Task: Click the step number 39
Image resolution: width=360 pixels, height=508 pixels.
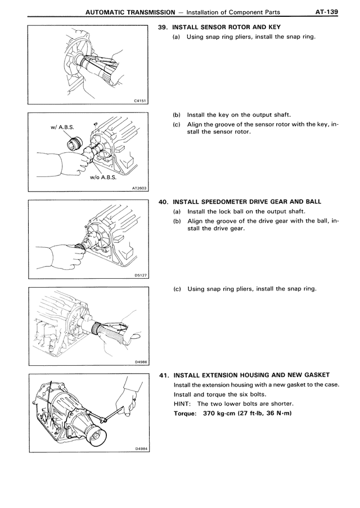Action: (x=164, y=28)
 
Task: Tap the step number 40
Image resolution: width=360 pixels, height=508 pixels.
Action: (x=164, y=202)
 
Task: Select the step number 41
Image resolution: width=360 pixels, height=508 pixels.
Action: (x=164, y=375)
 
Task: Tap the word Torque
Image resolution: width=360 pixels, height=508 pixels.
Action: (x=186, y=414)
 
